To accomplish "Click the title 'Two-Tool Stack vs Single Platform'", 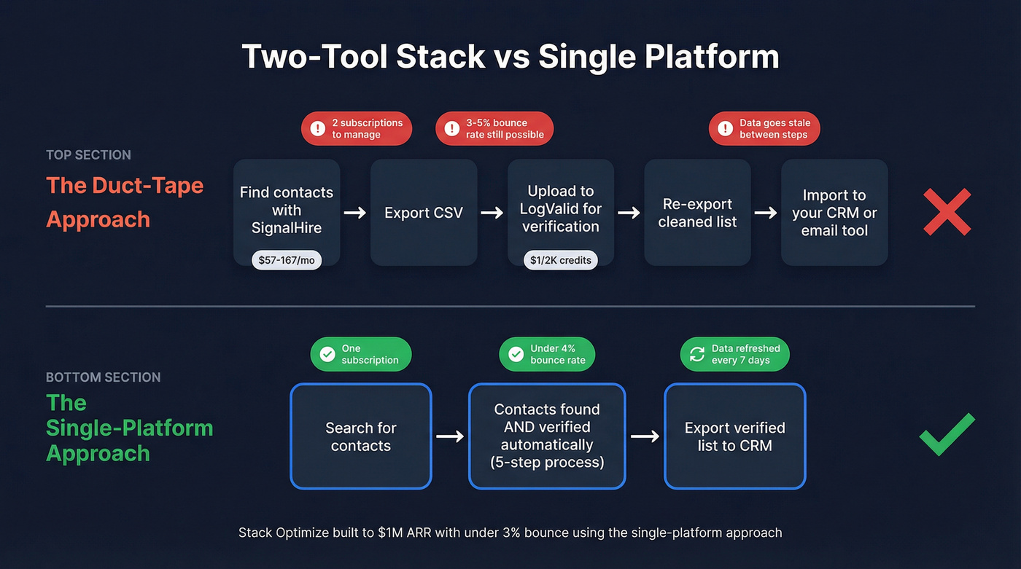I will click(510, 57).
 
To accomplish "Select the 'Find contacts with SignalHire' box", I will click(287, 212).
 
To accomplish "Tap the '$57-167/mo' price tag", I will click(286, 260).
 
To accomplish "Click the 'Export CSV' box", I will click(424, 213).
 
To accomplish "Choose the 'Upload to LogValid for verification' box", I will click(560, 209).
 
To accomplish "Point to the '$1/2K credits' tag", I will click(560, 260).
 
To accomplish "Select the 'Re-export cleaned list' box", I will click(697, 213).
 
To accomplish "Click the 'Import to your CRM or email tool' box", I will click(834, 213).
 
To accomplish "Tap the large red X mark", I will click(947, 212).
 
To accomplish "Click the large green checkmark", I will click(947, 434).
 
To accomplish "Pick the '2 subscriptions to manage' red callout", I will click(357, 129).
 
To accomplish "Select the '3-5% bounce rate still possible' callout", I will click(494, 129).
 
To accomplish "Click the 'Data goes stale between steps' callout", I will click(764, 129).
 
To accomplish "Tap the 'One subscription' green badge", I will click(361, 354).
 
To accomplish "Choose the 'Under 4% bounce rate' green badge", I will click(547, 354).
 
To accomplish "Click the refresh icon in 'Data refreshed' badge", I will click(697, 354).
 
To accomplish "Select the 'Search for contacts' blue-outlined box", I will click(361, 436).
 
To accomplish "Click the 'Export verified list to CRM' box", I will click(734, 436).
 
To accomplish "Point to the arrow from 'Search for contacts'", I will click(450, 436).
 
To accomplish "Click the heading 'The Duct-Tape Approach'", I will click(125, 202).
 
